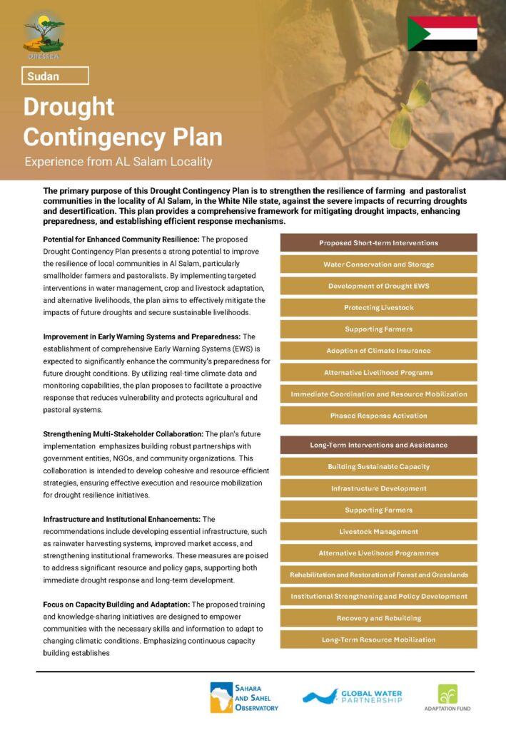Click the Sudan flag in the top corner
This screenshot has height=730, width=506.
(442, 34)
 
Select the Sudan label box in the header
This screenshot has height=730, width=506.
(55, 76)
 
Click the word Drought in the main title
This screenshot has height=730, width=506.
(69, 106)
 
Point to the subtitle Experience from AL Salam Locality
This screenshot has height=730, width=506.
(118, 162)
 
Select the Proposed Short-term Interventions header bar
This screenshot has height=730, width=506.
(378, 243)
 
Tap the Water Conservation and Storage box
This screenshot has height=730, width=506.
(378, 264)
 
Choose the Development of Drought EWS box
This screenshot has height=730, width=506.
(378, 286)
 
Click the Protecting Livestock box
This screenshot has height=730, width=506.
(378, 308)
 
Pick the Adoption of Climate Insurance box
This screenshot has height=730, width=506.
(378, 351)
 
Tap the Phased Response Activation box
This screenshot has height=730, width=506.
(378, 416)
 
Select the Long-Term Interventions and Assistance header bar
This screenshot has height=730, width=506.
(378, 445)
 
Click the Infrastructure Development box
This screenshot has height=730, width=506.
(378, 488)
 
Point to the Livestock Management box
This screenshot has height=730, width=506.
(378, 532)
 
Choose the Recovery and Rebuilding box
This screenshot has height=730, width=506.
(378, 618)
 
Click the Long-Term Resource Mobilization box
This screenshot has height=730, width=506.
(378, 639)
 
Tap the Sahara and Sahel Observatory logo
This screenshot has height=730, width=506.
(244, 697)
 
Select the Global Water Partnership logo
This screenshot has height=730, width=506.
(352, 696)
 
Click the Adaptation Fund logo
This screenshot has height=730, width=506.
(447, 697)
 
